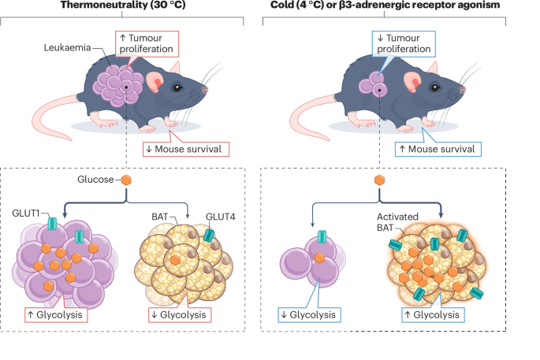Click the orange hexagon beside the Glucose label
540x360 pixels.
tap(125, 180)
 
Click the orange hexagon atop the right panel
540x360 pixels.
tap(379, 180)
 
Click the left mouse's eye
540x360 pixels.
tap(178, 87)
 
